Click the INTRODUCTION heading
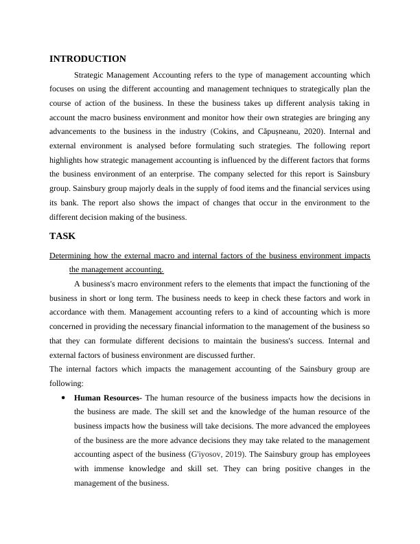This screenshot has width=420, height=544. pos(88,59)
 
